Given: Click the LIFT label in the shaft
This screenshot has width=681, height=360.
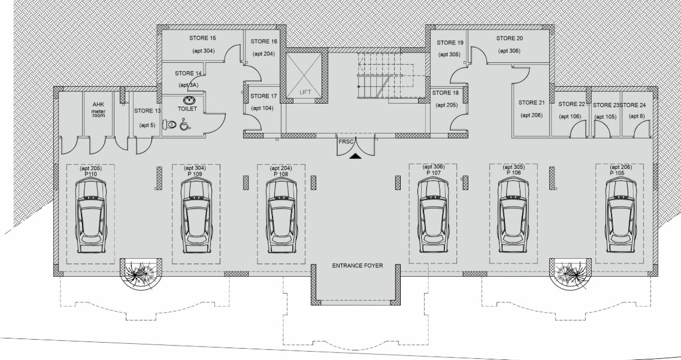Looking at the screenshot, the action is tap(305, 92).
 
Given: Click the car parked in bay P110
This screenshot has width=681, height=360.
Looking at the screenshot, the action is tap(91, 215).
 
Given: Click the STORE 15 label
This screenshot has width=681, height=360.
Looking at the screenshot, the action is tap(202, 38).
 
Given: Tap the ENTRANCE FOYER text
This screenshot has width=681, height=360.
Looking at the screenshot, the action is tap(358, 265).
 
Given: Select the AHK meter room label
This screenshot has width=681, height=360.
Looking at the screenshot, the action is tap(99, 110).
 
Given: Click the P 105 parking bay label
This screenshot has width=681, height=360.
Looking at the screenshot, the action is tap(617, 173).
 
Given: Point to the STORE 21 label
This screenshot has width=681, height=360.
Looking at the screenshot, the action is tap(531, 103).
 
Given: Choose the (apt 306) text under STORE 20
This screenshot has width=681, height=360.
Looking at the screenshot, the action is tap(510, 51).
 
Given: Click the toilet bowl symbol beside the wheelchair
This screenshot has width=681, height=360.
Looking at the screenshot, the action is tap(170, 125).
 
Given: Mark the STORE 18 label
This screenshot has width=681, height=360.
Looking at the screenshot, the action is tap(445, 93).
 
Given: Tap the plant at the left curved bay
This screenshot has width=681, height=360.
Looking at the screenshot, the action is tap(140, 274).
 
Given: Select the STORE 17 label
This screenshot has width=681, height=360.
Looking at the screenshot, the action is tap(263, 96).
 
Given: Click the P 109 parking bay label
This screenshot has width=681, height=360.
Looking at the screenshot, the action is tap(195, 174).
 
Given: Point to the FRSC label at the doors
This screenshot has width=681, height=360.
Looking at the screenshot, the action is tap(346, 141).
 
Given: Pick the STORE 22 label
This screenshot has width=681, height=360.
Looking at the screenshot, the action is tap(571, 104).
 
